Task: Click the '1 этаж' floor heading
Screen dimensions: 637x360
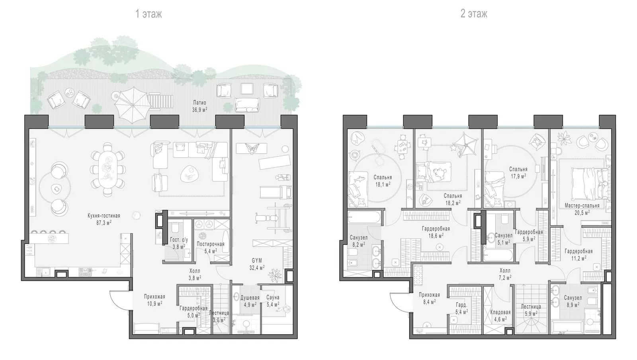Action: pyautogui.click(x=149, y=14)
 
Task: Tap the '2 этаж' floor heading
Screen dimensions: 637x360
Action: pyautogui.click(x=474, y=14)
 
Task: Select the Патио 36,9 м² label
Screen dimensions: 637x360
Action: pyautogui.click(x=199, y=106)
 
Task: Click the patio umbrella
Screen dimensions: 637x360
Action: pyautogui.click(x=133, y=105)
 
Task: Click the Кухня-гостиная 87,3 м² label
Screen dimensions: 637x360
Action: pyautogui.click(x=104, y=219)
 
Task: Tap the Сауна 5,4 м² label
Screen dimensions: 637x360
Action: pyautogui.click(x=273, y=301)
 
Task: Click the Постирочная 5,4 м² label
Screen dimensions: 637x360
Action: pyautogui.click(x=211, y=247)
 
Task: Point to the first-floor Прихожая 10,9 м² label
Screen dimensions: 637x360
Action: pyautogui.click(x=154, y=300)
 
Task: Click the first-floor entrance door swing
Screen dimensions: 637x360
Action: pyautogui.click(x=119, y=300)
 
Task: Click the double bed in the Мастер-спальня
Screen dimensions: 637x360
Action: pyautogui.click(x=590, y=184)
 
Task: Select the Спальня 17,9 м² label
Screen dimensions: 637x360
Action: pyautogui.click(x=518, y=172)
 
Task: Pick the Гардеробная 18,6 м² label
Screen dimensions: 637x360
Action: pyautogui.click(x=436, y=232)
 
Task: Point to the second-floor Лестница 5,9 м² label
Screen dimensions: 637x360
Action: pyautogui.click(x=531, y=310)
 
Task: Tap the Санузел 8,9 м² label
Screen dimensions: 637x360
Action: pyautogui.click(x=573, y=301)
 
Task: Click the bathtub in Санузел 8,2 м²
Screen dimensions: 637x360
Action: pyautogui.click(x=364, y=217)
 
